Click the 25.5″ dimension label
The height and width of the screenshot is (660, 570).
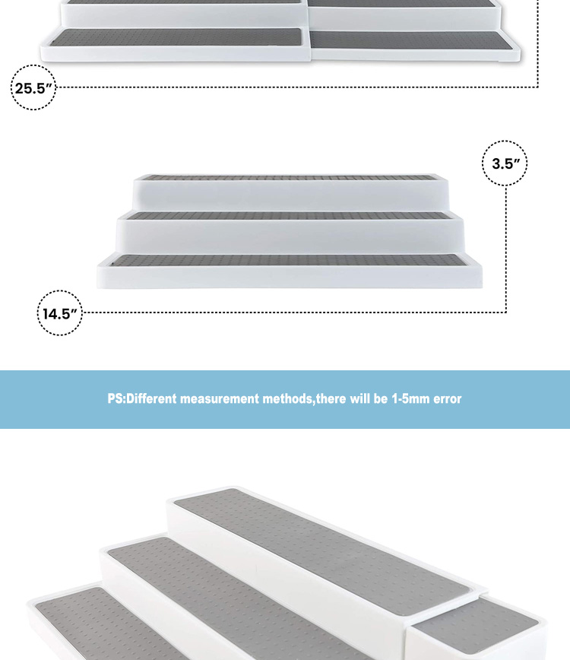click(x=33, y=88)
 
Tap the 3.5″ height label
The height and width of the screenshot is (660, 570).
click(x=505, y=163)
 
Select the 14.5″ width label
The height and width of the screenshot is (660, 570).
click(x=60, y=313)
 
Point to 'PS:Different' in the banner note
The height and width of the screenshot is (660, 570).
click(x=142, y=398)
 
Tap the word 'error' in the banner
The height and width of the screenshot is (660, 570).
click(x=447, y=398)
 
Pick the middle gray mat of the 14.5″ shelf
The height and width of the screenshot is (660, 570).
click(x=289, y=216)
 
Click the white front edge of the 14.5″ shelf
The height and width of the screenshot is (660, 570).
click(x=290, y=278)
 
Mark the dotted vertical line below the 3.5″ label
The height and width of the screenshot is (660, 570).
click(x=505, y=249)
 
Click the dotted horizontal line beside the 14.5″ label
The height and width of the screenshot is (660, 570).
click(x=293, y=313)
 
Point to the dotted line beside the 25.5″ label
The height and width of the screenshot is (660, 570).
click(x=297, y=87)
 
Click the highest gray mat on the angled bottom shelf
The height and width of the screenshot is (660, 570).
click(x=321, y=551)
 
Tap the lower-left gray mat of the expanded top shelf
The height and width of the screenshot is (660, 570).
click(x=176, y=37)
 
